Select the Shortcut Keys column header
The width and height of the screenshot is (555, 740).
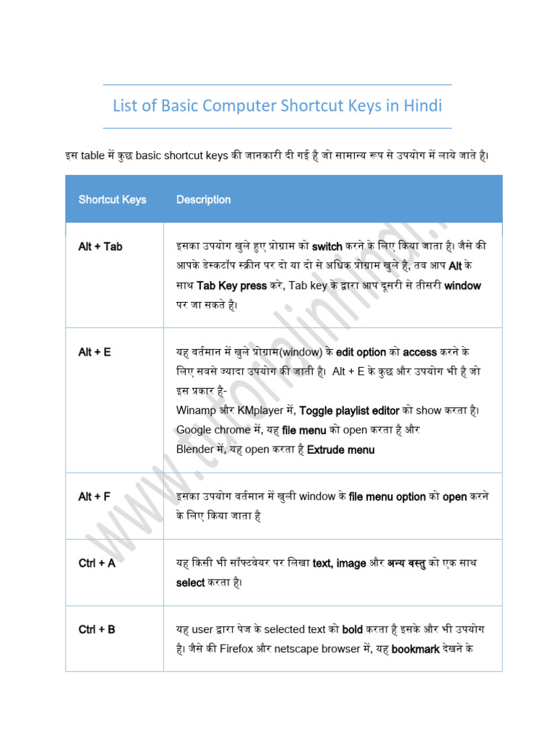112,199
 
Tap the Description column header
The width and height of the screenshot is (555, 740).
203,199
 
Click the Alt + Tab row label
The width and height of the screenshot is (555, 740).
100,246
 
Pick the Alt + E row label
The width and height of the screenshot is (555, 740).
95,352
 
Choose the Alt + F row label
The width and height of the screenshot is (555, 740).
95,496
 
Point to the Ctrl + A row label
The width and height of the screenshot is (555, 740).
97,563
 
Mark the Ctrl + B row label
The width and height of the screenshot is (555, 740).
97,629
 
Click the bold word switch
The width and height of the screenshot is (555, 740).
327,246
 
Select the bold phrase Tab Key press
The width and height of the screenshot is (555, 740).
231,285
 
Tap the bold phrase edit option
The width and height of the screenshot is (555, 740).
361,352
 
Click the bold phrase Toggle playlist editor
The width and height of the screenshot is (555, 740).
349,410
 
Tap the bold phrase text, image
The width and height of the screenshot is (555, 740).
339,563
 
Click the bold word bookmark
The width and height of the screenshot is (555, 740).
416,649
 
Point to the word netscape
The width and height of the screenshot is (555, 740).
304,649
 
